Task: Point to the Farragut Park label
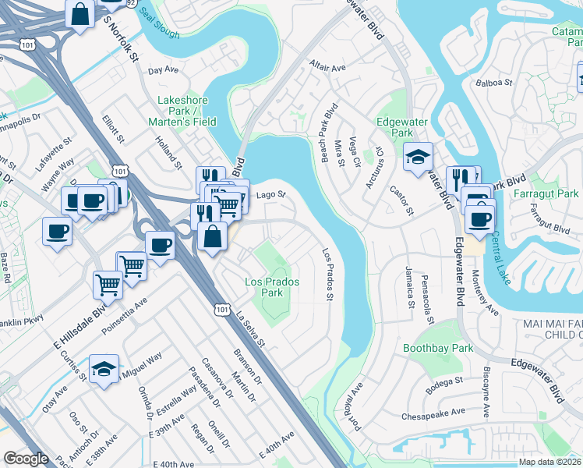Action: point(553,193)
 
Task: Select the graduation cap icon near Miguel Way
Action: point(104,369)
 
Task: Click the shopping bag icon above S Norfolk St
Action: point(80,14)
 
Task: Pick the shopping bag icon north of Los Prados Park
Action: point(212,236)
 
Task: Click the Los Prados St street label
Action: point(328,274)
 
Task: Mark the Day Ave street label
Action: point(163,70)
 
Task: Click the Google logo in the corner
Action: point(26,459)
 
